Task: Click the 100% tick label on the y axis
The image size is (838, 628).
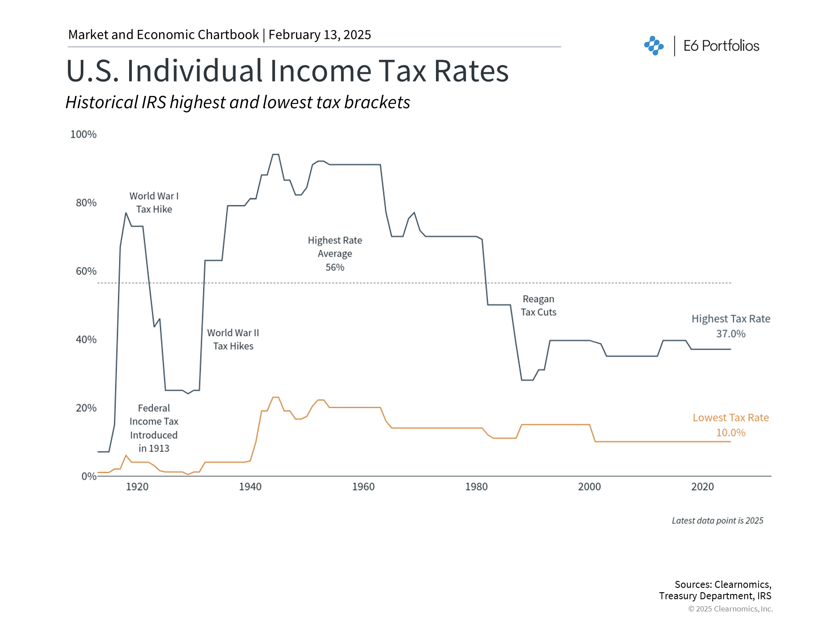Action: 83,134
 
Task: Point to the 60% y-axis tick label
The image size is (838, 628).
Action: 86,271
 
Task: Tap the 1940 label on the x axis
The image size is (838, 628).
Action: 250,487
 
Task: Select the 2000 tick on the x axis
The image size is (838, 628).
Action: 589,487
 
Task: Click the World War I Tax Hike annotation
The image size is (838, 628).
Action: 154,203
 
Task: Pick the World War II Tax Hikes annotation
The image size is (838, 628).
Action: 233,339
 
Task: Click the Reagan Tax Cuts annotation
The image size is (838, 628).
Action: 538,306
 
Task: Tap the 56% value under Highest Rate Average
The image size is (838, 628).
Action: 335,267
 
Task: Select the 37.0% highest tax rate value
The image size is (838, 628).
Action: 731,334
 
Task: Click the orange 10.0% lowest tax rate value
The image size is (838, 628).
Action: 731,433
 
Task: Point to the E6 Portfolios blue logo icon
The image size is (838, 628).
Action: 654,45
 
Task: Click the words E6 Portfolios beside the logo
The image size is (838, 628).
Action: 721,46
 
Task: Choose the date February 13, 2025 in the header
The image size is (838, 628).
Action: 319,35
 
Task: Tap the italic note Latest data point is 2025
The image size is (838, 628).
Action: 717,521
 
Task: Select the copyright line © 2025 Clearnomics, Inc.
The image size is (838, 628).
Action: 730,609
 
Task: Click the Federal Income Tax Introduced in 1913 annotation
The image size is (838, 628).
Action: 154,428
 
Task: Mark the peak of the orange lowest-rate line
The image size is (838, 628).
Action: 275,397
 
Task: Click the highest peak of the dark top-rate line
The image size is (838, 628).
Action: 275,154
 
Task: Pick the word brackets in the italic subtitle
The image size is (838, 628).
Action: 377,102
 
